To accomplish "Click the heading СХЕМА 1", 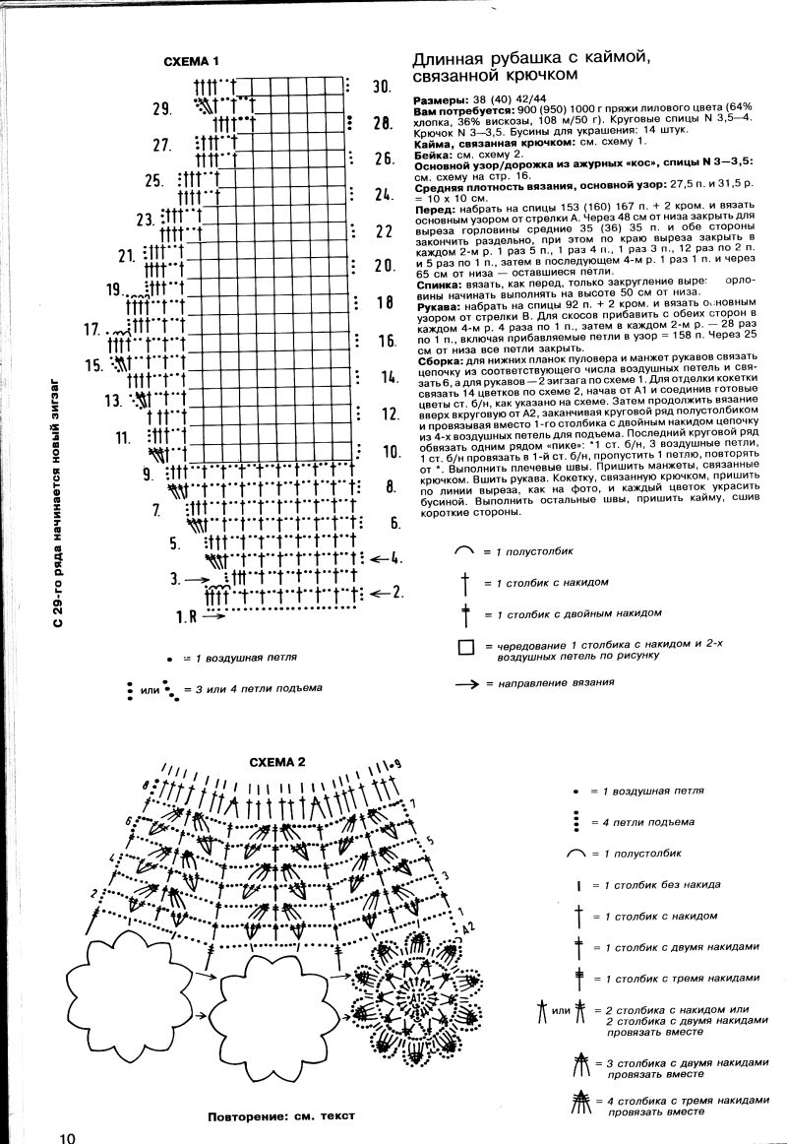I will point(191,61).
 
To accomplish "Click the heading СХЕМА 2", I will point(277,762).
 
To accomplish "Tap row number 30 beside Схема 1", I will point(382,87).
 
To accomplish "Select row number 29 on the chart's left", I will point(162,108).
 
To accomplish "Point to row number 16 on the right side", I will point(385,341).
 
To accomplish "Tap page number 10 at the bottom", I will point(67,1137).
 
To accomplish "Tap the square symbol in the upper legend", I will point(465,648).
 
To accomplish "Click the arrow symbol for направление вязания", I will point(466,683).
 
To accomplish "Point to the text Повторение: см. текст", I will point(280,1116).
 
